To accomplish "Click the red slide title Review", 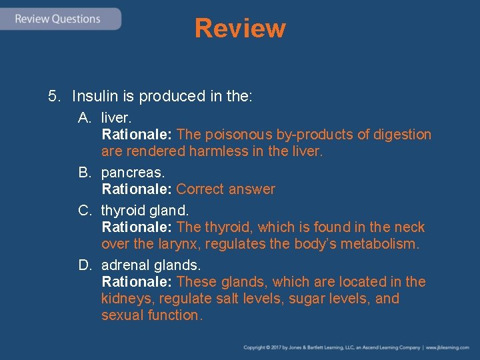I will tap(240, 29).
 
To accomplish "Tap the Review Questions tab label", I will tap(58, 19).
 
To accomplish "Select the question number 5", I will tap(54, 96).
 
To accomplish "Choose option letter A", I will tap(84, 118).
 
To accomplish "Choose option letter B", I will tap(84, 173).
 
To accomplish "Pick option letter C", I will tap(84, 211).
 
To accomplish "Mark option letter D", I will tap(84, 265).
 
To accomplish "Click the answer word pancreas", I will tap(129, 173).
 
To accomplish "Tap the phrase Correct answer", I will tap(225, 189).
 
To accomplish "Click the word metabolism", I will tap(383, 244).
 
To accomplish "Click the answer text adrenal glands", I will tap(151, 265).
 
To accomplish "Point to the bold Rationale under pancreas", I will tap(137, 189).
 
